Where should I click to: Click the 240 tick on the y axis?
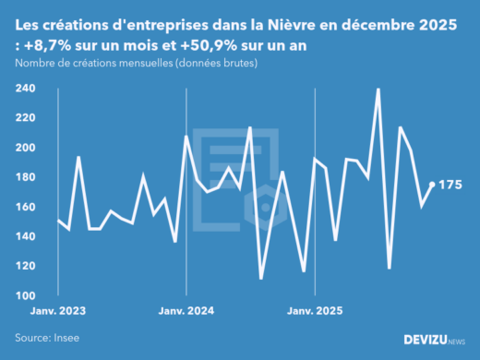pos(25,89)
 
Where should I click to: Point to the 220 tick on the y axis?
pos(25,118)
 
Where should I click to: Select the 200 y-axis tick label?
pos(25,148)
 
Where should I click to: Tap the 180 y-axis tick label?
pos(25,177)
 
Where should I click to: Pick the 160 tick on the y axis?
pos(25,207)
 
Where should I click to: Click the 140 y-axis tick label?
pos(25,236)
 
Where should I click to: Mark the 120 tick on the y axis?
pos(25,266)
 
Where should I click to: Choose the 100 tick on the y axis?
pos(25,295)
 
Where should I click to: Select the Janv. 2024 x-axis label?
pos(186,312)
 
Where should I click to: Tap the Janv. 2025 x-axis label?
pos(316,312)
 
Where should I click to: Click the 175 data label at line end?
pos(450,185)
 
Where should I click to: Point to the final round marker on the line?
pos(433,185)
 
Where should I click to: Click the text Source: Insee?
pos(46,338)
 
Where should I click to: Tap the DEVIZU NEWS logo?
pos(434,340)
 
